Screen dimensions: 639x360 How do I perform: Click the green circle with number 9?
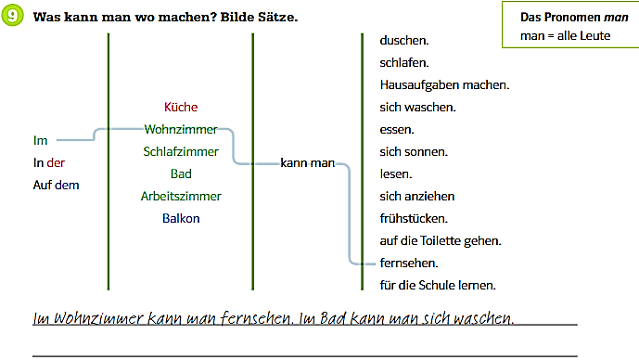[x=12, y=16]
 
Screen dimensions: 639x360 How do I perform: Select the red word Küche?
[x=181, y=107]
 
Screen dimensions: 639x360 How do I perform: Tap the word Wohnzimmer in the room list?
[x=181, y=129]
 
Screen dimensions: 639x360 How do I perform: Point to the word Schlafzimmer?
[x=181, y=151]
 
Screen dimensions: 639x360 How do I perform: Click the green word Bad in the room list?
[x=181, y=174]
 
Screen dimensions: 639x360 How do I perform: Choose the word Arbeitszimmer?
[x=181, y=196]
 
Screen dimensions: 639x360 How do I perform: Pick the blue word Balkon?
[x=181, y=219]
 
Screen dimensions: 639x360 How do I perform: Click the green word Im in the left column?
[x=41, y=141]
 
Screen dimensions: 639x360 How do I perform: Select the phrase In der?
[x=49, y=162]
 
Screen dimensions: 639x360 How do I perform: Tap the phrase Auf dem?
[x=57, y=185]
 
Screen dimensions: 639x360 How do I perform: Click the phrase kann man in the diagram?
[x=308, y=163]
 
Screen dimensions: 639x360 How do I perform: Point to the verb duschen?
[x=404, y=41]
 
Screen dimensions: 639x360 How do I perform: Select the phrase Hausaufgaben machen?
[x=444, y=84]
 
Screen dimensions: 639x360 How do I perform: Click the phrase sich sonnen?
[x=414, y=151]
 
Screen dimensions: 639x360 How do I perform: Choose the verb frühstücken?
[x=414, y=219]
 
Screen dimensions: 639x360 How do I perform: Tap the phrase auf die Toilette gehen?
[x=441, y=241]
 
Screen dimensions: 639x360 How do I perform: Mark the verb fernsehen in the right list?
[x=409, y=263]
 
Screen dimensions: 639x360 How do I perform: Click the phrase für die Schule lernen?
[x=438, y=286]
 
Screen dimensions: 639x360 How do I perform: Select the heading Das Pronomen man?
[x=574, y=17]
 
